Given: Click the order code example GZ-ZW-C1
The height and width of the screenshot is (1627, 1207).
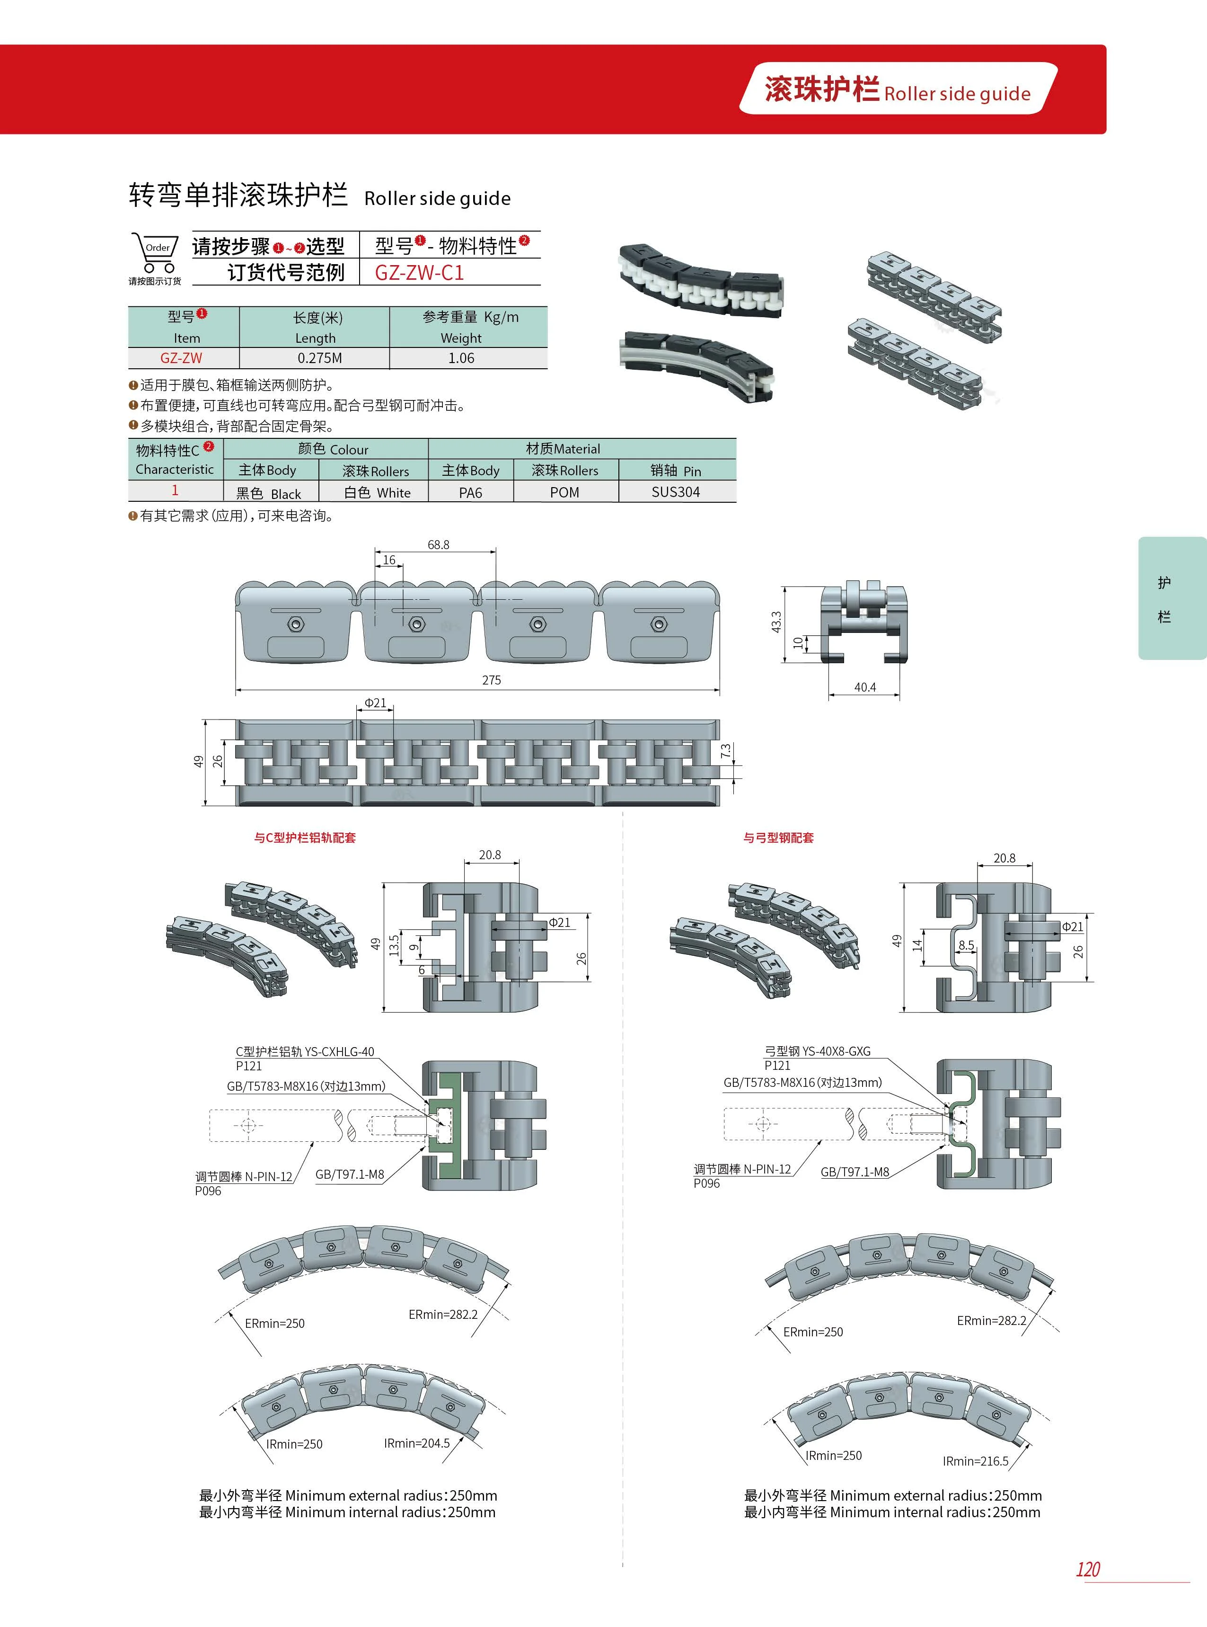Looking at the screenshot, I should (419, 273).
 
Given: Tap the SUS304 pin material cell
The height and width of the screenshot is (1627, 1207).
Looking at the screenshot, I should (675, 492).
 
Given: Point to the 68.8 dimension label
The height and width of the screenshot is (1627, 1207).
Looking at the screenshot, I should (439, 544).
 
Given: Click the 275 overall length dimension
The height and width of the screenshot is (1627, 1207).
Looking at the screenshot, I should (491, 680).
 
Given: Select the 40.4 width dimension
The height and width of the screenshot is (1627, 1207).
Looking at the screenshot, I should (865, 687).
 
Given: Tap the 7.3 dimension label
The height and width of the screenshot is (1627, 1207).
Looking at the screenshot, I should (725, 751).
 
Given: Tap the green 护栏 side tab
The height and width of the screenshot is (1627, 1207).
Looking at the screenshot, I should (1164, 599).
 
